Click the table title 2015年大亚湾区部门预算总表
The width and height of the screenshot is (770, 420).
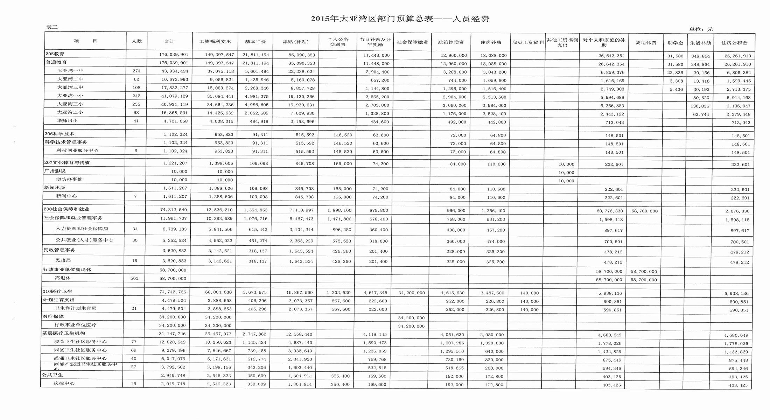pyautogui.click(x=400, y=19)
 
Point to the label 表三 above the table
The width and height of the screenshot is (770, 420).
pyautogui.click(x=52, y=27)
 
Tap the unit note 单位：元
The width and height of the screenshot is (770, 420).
pyautogui.click(x=701, y=29)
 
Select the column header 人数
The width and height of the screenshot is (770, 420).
pyautogui.click(x=137, y=41)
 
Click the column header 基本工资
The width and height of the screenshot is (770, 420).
pyautogui.click(x=255, y=42)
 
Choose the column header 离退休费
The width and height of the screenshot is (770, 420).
pyautogui.click(x=646, y=43)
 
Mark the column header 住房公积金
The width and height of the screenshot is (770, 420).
pyautogui.click(x=734, y=43)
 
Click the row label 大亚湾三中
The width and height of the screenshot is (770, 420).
pyautogui.click(x=70, y=87)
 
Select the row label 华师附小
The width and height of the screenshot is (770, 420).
pyautogui.click(x=67, y=120)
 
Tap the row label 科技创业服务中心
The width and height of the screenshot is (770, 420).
pyautogui.click(x=77, y=150)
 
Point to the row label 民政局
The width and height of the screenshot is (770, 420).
pyautogui.click(x=63, y=260)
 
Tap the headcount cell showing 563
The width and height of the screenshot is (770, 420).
pyautogui.click(x=134, y=278)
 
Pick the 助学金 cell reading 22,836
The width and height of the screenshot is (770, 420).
pyautogui.click(x=675, y=72)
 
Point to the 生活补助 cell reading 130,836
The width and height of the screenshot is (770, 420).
pyautogui.click(x=701, y=106)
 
